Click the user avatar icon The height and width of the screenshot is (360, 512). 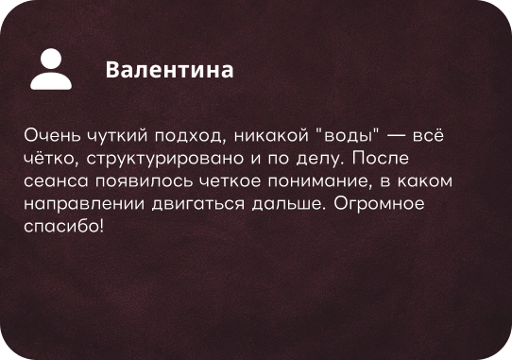[x=51, y=69]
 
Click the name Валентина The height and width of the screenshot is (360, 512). [x=169, y=70]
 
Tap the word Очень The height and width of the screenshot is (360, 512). [x=52, y=135]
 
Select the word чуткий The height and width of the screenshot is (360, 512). [x=117, y=135]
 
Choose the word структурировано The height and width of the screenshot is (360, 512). [x=165, y=159]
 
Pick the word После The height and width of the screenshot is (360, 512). [x=381, y=158]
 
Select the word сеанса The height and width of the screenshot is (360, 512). [x=56, y=181]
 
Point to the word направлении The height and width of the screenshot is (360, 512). [x=84, y=204]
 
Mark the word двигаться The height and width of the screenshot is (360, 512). [x=198, y=205]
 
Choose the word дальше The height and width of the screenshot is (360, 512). [x=287, y=204]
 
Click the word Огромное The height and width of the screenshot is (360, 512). [x=379, y=204]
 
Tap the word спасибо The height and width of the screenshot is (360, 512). [x=62, y=226]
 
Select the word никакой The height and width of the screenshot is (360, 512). [x=271, y=135]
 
